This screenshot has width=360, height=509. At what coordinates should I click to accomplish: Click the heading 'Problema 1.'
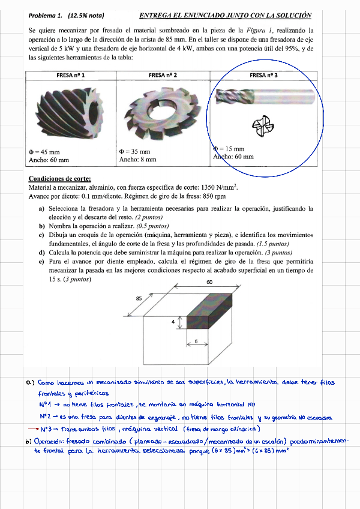point(46,16)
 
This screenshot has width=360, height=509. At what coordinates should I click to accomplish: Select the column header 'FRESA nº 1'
point(70,75)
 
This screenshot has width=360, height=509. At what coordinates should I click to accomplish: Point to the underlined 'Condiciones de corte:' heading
point(59,179)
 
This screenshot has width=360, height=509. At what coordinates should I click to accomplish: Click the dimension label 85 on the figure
point(139,298)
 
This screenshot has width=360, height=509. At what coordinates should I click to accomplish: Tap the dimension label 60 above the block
point(209,282)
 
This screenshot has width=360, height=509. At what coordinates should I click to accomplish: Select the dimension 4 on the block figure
point(173,322)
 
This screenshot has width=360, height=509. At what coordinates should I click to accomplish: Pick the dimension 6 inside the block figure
point(196,341)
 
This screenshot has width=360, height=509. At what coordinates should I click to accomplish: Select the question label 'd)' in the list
point(42,253)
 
